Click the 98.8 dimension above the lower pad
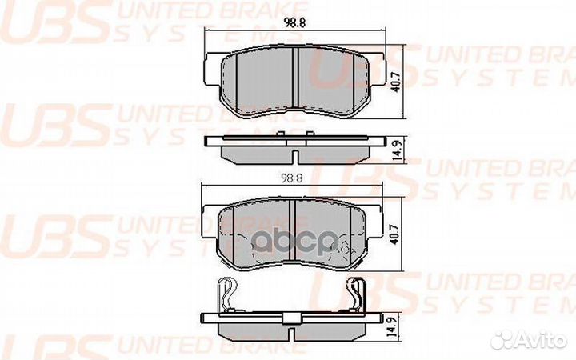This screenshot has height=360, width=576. click(x=291, y=180)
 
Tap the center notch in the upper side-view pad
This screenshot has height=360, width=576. click(x=293, y=154)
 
